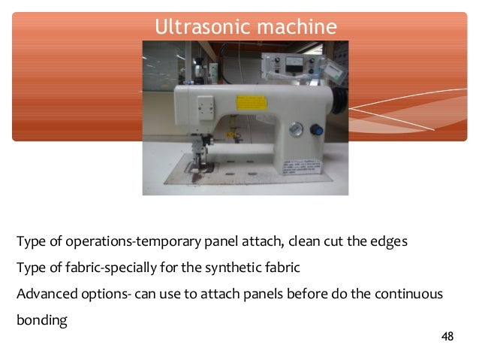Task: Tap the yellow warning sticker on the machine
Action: pyautogui.click(x=248, y=103)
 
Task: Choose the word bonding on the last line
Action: pyautogui.click(x=41, y=319)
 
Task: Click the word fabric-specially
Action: pyautogui.click(x=116, y=268)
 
